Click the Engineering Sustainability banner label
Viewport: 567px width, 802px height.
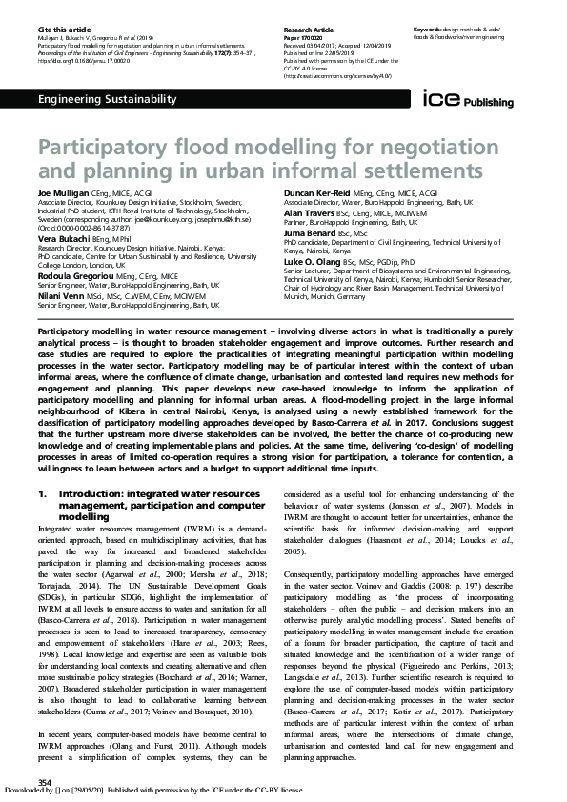[107, 100]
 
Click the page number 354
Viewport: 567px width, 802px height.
[44, 782]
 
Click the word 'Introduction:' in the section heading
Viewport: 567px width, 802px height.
[90, 493]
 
